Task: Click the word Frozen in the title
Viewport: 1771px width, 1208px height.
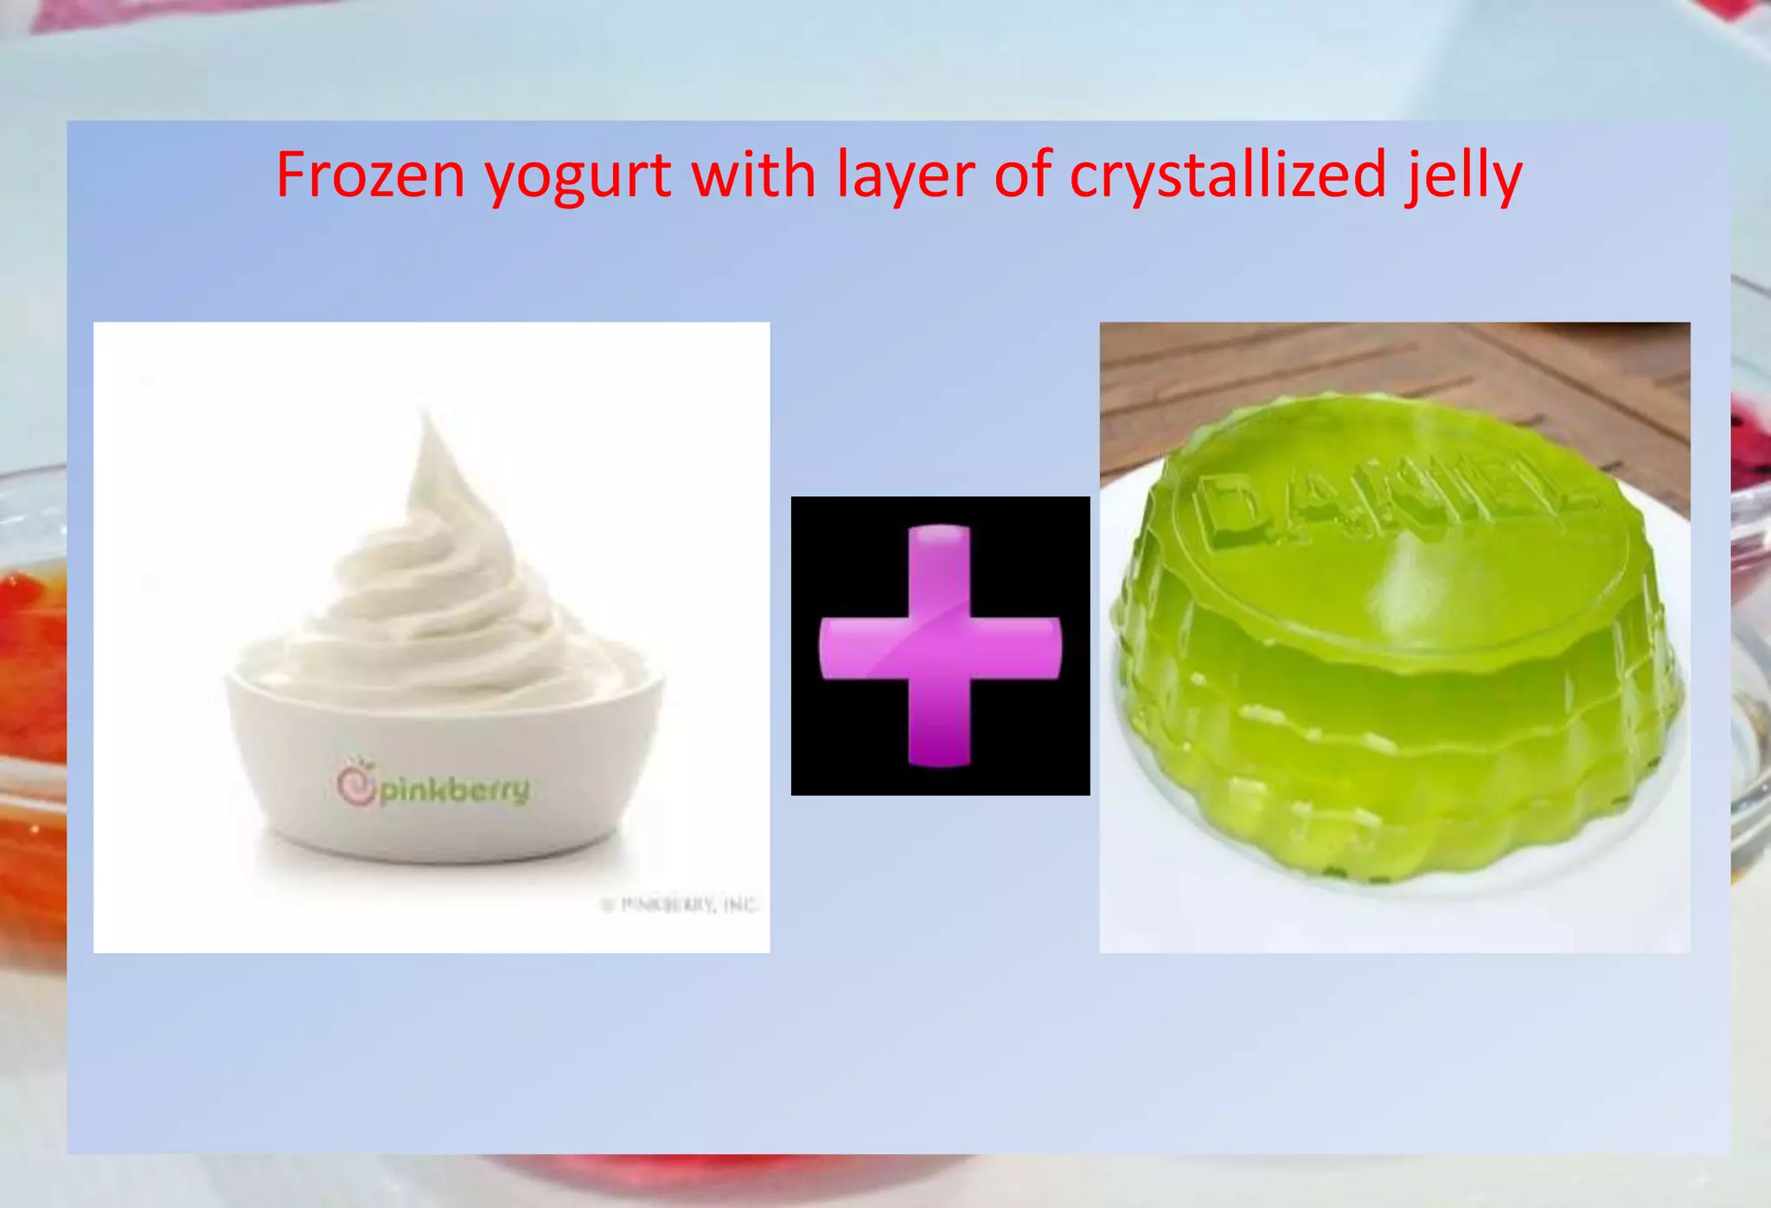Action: pos(371,176)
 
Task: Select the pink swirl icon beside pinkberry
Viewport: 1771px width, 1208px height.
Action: pos(355,783)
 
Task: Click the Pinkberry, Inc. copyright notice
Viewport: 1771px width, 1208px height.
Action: pos(680,905)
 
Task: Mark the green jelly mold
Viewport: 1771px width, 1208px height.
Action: pos(1397,674)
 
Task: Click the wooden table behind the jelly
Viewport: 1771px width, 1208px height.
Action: pos(1297,363)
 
